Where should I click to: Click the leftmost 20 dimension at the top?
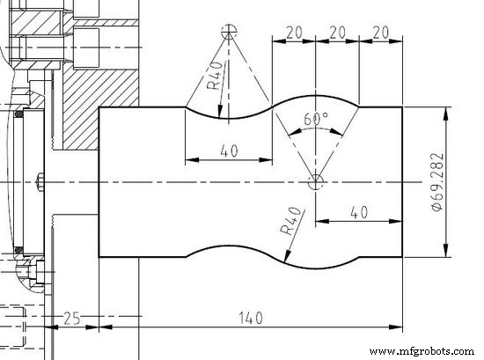tap(294, 32)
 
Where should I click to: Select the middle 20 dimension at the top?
tap(336, 32)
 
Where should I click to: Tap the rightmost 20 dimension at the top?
tap(380, 32)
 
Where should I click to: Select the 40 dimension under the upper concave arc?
tap(229, 151)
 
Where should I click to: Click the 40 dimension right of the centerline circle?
tap(358, 212)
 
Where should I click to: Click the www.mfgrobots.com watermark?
tap(422, 351)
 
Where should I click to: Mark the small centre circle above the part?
tap(230, 33)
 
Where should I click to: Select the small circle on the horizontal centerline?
tap(315, 182)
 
